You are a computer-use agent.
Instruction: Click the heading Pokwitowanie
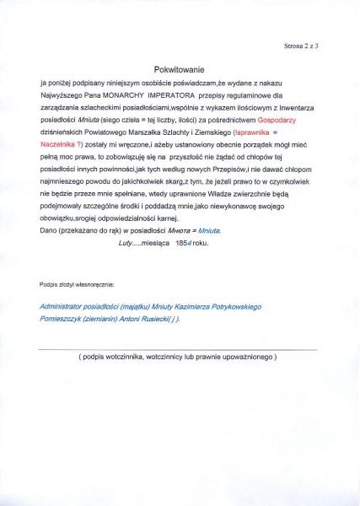pyautogui.click(x=179, y=69)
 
